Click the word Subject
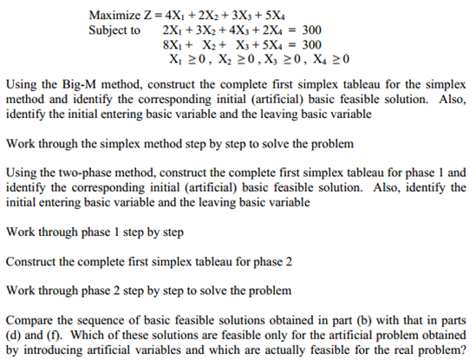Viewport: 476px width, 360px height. point(108,29)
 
